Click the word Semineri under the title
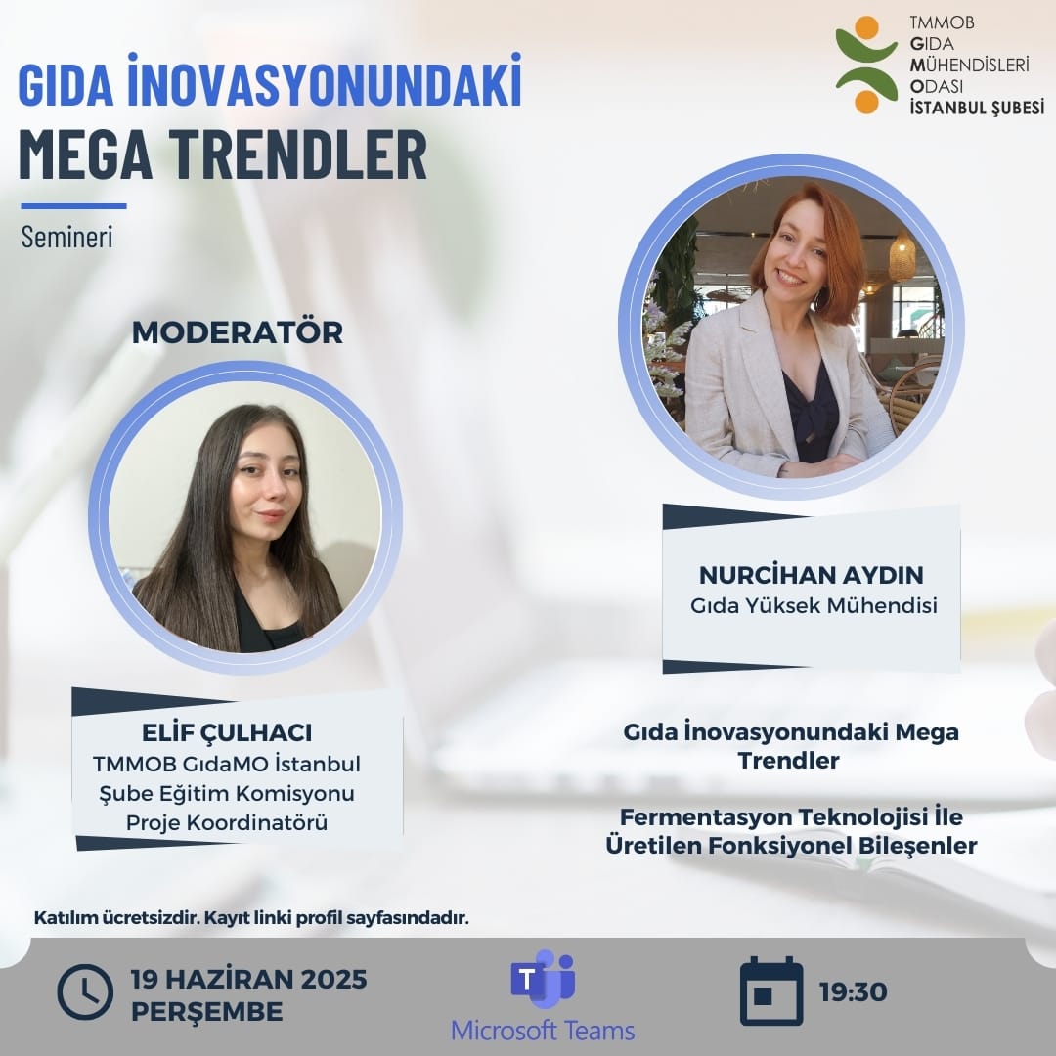pyautogui.click(x=66, y=238)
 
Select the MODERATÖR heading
pyautogui.click(x=238, y=332)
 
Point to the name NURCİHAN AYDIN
pyautogui.click(x=811, y=575)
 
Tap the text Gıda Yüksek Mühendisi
pyautogui.click(x=814, y=606)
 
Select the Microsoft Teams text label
pyautogui.click(x=543, y=1031)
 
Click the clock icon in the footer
pyautogui.click(x=85, y=992)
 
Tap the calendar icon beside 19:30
pyautogui.click(x=771, y=991)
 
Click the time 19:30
pyautogui.click(x=854, y=992)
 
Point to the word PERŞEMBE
pyautogui.click(x=207, y=1011)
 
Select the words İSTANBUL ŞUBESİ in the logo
pyautogui.click(x=976, y=108)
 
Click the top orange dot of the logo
pyautogui.click(x=865, y=27)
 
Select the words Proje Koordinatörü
pyautogui.click(x=227, y=823)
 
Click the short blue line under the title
pyautogui.click(x=73, y=206)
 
